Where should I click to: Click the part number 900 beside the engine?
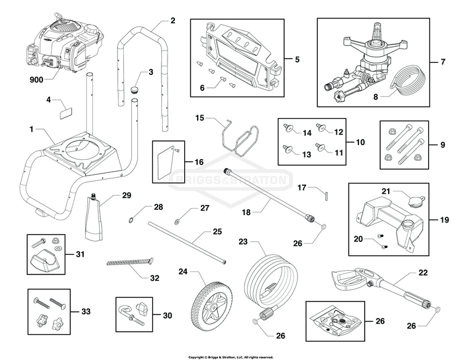(x=36, y=79)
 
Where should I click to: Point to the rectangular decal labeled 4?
(x=66, y=113)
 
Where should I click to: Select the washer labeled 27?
(x=177, y=221)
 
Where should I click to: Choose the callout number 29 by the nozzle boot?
(x=126, y=195)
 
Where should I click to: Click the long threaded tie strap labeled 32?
(x=130, y=262)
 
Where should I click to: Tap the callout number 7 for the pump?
(x=443, y=62)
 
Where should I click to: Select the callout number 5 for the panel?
(x=297, y=59)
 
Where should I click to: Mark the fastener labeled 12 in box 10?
(x=320, y=127)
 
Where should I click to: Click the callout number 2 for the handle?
(x=172, y=20)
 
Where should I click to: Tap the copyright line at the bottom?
(x=231, y=358)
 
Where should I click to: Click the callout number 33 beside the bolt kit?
(x=86, y=311)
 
